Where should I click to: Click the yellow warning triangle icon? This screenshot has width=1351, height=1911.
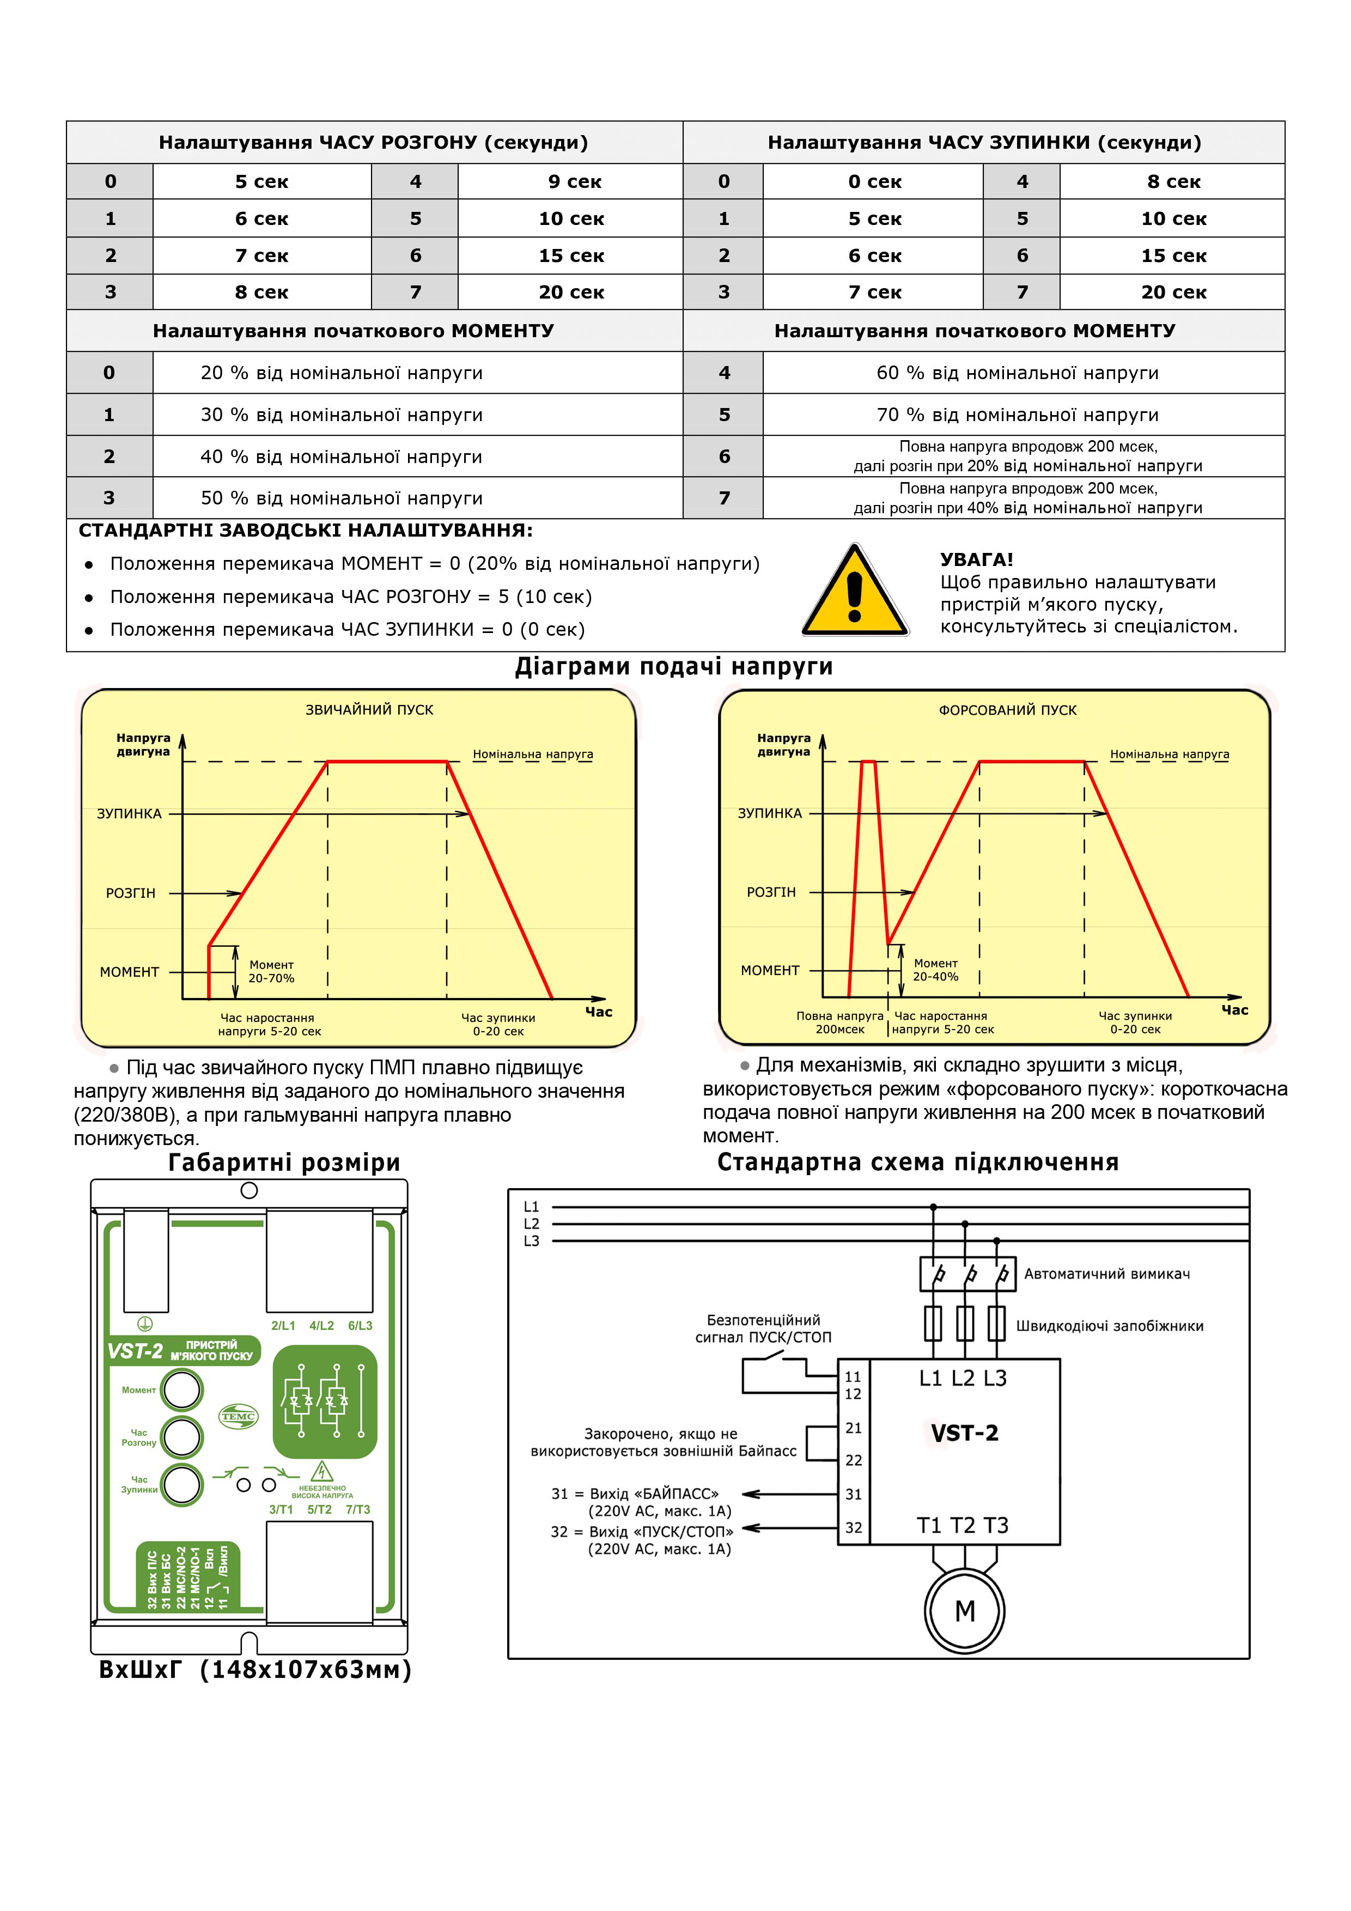tap(854, 591)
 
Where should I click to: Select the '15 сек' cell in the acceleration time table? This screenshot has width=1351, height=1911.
tap(571, 255)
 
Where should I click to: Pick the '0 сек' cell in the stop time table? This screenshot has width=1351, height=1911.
tap(874, 181)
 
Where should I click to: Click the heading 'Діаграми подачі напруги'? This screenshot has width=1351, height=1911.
tap(674, 667)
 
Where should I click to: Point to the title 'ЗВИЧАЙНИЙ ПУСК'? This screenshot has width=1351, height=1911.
tap(369, 710)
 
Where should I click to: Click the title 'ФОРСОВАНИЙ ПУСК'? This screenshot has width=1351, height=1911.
tap(1007, 710)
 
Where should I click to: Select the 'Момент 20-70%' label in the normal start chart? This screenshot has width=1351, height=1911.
tap(271, 971)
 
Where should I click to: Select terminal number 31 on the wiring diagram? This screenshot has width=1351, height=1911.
tap(853, 1494)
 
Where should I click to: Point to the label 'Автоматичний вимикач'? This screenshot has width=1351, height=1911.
tap(1106, 1274)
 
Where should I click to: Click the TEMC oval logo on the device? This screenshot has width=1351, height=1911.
tap(238, 1416)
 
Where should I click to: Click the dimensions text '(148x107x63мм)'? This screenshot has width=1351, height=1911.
tap(306, 1670)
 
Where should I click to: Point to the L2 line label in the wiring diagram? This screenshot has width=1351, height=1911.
tap(531, 1224)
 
